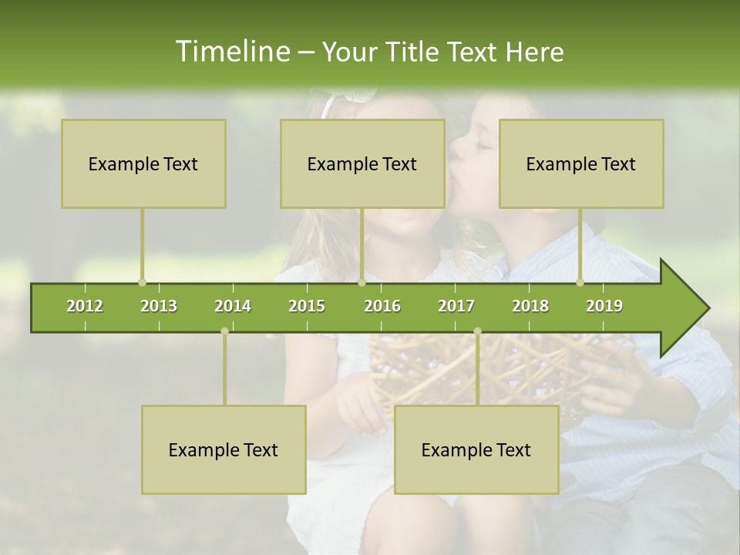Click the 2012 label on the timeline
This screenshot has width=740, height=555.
pos(85,306)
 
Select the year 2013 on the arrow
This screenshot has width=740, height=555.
pos(159,306)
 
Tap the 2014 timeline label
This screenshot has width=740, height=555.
pos(233,306)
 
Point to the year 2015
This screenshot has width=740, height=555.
pos(307,306)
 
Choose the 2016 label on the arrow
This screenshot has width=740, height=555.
pos(382,306)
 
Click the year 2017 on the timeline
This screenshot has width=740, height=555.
pos(456,306)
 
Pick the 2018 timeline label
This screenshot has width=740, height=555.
pos(530,306)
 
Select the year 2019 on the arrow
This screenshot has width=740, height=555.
pos(604,306)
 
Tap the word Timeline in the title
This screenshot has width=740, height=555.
pos(231,52)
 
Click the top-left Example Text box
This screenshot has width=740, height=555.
pos(143,163)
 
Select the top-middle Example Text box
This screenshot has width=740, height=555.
pos(362,163)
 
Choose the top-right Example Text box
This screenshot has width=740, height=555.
pos(581,163)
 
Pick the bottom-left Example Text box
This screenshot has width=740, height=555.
pos(224,449)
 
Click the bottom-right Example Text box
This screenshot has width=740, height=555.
pos(476,449)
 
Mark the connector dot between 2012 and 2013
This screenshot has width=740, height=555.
pos(142,283)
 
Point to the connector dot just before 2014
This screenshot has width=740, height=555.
pos(224,331)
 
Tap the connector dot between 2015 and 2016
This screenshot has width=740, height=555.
pos(362,283)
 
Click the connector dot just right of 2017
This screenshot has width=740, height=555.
pos(477,331)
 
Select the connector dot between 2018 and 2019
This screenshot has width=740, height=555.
pos(580,283)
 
